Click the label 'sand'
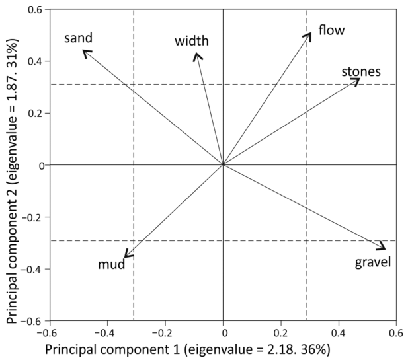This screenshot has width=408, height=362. (x=78, y=38)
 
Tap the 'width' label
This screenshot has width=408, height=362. (x=192, y=41)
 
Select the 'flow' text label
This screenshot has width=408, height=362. (x=331, y=30)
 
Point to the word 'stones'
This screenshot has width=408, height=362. (x=361, y=72)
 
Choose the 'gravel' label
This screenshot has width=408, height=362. (x=373, y=262)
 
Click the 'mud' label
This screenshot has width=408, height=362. (x=112, y=264)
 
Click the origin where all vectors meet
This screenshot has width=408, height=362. (x=223, y=164)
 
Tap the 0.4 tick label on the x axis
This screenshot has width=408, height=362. (x=339, y=333)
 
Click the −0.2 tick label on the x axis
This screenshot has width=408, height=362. (x=161, y=333)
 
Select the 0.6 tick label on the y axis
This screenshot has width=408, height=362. (x=35, y=10)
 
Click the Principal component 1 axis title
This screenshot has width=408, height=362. (x=188, y=349)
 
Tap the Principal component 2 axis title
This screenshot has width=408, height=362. (x=12, y=181)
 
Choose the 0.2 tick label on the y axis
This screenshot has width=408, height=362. (x=35, y=114)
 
